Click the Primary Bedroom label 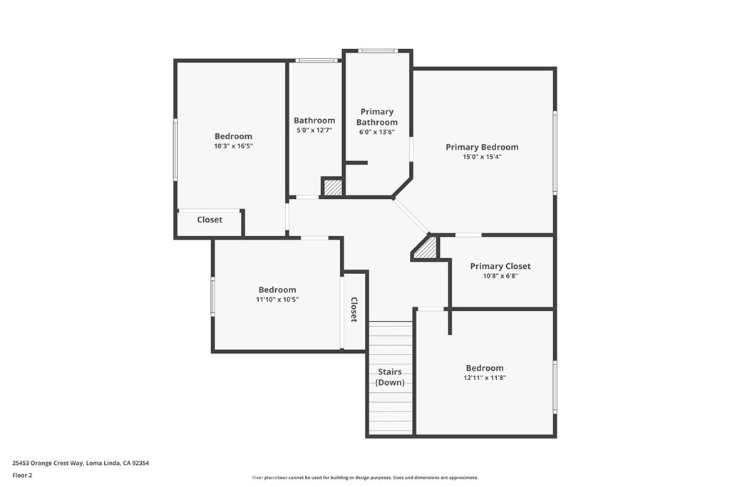pos(482,147)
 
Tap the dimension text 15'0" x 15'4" pos(482,157)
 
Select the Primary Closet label pos(500,266)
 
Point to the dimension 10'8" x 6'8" pos(500,276)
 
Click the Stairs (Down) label pos(390,377)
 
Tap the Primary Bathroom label pos(377,117)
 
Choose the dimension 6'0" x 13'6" pos(377,132)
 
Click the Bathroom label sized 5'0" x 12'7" pos(314,121)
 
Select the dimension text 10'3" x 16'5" pos(233,146)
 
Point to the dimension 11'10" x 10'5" pos(277,300)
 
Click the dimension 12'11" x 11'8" pos(485,379)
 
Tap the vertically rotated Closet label pos(354,310)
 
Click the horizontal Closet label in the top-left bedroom pos(210,220)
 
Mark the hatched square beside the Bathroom pos(333,188)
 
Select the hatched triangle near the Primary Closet pos(427,250)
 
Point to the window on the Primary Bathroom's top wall pos(378,51)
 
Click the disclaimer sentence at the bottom pos(364,478)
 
